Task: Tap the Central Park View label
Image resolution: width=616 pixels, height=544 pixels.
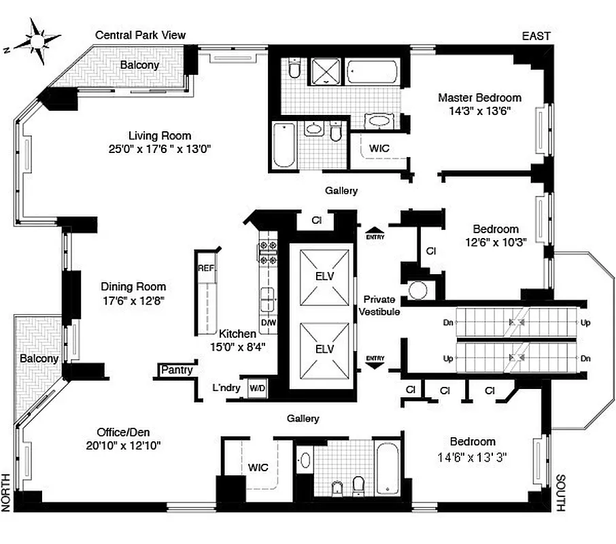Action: (x=140, y=35)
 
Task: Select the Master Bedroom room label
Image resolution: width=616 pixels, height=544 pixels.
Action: (x=479, y=97)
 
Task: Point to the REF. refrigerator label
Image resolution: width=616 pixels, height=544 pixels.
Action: (x=206, y=268)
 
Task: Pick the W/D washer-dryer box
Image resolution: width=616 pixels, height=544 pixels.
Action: (x=258, y=388)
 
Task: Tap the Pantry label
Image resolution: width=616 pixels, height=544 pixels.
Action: (x=176, y=371)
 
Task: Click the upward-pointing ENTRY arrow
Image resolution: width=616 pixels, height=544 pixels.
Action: (x=375, y=233)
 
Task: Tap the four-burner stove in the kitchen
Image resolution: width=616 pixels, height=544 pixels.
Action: (x=267, y=252)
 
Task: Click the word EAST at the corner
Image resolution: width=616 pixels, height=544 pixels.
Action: (x=536, y=36)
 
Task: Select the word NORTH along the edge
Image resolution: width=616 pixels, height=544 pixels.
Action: (x=7, y=491)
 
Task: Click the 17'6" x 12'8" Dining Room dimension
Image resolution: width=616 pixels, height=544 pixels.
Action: (x=133, y=299)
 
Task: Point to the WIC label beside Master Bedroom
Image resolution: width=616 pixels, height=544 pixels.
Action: (x=379, y=148)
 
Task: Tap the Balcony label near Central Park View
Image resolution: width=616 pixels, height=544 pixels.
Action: (x=139, y=65)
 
